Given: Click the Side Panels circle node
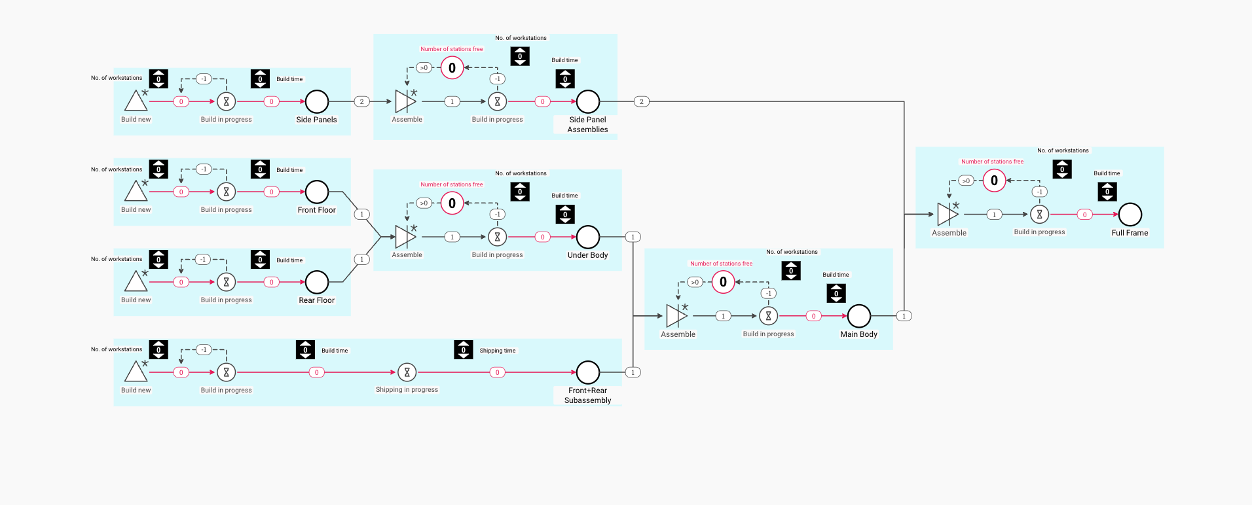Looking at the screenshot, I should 317,101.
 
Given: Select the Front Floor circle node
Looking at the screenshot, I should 317,192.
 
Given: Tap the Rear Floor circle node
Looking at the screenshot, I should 317,282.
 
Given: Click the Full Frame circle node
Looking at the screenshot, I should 1130,214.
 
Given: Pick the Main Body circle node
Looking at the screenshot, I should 858,316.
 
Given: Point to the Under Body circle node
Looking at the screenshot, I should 587,237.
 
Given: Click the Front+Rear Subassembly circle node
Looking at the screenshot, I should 587,372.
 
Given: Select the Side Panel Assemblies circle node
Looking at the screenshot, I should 587,101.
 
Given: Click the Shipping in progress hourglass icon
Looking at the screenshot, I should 407,372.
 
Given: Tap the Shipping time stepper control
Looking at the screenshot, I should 463,350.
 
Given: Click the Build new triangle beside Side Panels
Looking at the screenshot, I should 136,101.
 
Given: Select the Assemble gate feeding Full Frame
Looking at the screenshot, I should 948,214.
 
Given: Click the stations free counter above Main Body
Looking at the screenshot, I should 723,282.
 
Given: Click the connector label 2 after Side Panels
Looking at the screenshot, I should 361,101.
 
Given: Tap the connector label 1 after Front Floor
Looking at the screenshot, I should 361,214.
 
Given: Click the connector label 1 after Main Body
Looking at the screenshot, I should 904,316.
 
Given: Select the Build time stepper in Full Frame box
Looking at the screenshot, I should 1107,192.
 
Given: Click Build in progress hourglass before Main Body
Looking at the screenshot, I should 768,316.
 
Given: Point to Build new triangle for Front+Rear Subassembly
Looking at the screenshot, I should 136,372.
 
